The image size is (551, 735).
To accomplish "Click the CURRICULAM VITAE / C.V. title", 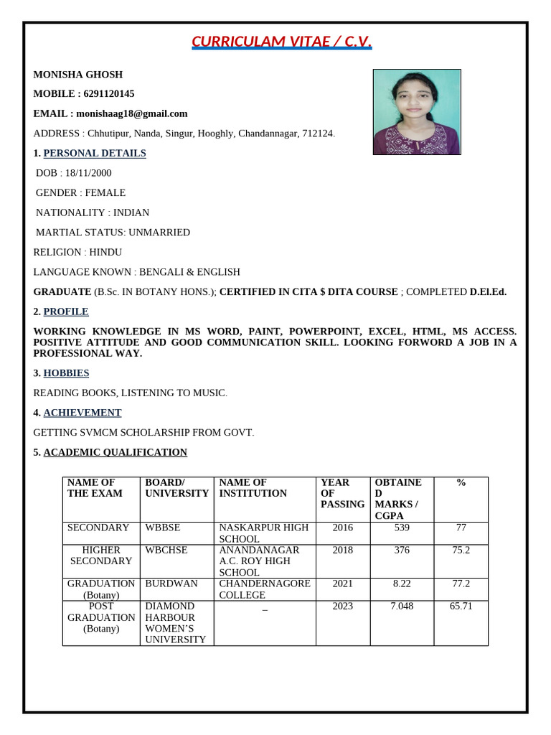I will coord(282,42).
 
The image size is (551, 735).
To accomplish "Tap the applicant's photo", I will coord(416,112).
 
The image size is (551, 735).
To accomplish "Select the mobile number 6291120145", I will coord(108,94).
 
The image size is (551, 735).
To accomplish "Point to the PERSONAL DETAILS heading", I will coord(95,153).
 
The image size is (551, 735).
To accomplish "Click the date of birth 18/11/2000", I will coord(85,173).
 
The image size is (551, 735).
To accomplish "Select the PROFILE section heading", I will coord(66,312).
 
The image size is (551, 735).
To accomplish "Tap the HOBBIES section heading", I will coord(66,373).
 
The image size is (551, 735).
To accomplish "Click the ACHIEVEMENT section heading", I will coord(83,413).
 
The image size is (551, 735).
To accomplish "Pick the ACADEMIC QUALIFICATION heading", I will coord(115,452).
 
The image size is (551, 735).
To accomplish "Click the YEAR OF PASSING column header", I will coord(342,493).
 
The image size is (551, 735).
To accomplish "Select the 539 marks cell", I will coord(402,528).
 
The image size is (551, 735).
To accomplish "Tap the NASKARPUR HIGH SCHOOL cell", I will coord(263,533).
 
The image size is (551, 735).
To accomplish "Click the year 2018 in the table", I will coord(342,550).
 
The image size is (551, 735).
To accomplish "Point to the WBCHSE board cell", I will coord(166,550).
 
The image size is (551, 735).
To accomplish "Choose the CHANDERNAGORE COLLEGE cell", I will coord(264,589).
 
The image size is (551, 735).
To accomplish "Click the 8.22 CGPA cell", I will coord(402,584).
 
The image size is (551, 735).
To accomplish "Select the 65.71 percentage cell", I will coord(461,606).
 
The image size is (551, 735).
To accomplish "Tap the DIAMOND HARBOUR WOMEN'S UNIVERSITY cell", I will coord(175,622).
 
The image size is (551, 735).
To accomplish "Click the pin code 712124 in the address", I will coord(318,134).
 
